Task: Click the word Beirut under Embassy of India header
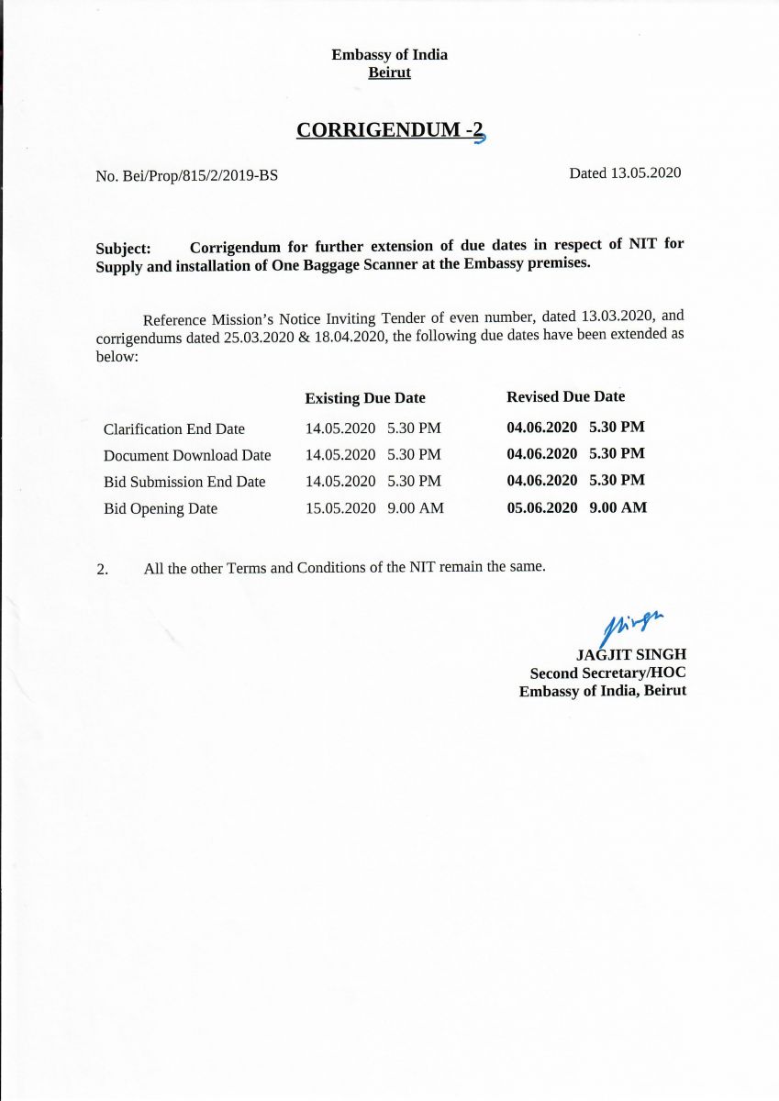point(389,72)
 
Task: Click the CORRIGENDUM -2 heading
point(389,130)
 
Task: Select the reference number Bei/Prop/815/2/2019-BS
point(199,175)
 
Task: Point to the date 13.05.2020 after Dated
point(646,172)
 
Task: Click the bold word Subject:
point(123,249)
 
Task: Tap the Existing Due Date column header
point(365,398)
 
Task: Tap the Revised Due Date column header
point(565,396)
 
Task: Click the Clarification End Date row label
point(174,428)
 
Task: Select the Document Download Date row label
point(187,455)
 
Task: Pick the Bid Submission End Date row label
point(184,482)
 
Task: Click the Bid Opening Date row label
point(161,508)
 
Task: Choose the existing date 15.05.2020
point(340,507)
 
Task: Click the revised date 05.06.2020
point(542,506)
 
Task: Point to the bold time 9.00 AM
point(618,506)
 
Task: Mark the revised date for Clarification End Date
point(542,427)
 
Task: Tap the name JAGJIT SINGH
point(631,654)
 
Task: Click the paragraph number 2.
point(102,569)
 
